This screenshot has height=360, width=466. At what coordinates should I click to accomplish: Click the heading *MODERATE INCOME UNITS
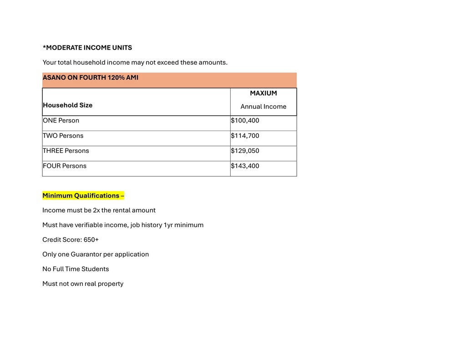(x=87, y=47)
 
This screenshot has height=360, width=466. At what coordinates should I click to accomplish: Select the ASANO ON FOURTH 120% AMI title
(x=90, y=77)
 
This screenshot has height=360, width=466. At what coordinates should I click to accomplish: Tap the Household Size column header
(x=67, y=105)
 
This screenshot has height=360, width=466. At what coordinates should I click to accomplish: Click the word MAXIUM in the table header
(x=263, y=93)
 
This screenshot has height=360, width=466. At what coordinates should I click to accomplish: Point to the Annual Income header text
(x=263, y=106)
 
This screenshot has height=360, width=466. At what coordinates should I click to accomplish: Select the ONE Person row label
(x=61, y=121)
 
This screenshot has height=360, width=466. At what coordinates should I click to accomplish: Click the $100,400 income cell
(x=245, y=121)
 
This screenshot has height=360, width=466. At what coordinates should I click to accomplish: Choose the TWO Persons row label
(x=63, y=136)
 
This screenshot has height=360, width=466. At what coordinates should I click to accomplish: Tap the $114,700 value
(x=245, y=136)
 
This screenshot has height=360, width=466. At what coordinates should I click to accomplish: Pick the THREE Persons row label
(x=66, y=151)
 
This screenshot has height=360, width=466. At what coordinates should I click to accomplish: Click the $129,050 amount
(x=245, y=151)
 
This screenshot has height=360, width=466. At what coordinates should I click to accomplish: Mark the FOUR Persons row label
(x=64, y=166)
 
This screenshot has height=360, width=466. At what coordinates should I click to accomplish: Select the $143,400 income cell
(x=245, y=166)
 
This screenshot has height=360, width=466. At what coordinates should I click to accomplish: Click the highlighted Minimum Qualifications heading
(x=83, y=196)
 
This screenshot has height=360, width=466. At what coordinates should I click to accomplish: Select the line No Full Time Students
(x=76, y=269)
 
